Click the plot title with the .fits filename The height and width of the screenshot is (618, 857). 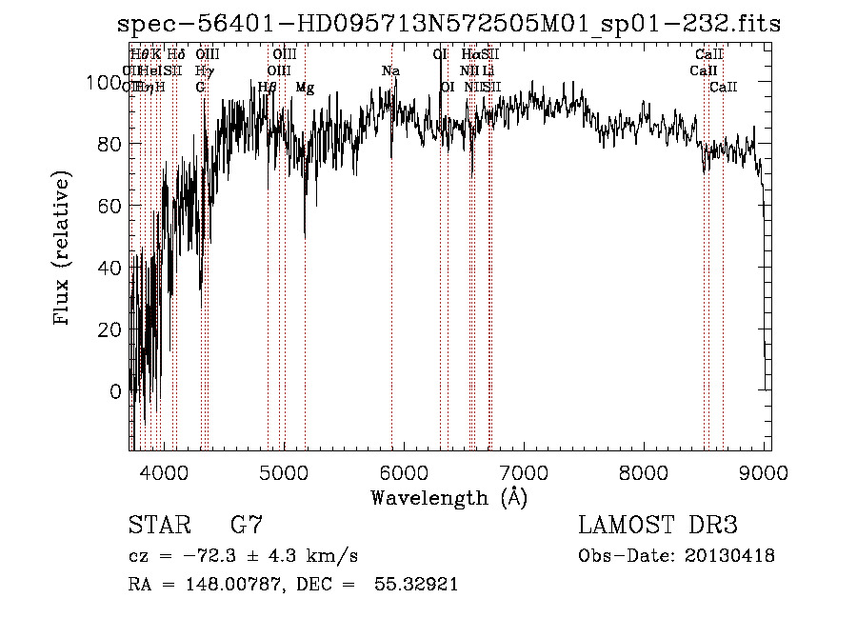pyautogui.click(x=448, y=25)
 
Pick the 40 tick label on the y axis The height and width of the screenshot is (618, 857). pyautogui.click(x=111, y=268)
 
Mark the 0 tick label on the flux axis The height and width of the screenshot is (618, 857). pyautogui.click(x=116, y=391)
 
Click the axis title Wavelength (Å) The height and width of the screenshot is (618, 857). pyautogui.click(x=448, y=497)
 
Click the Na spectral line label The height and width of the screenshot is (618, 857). pyautogui.click(x=390, y=71)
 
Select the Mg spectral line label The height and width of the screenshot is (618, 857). pyautogui.click(x=305, y=88)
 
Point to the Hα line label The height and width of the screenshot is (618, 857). pyautogui.click(x=472, y=55)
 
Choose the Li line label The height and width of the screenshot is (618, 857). pyautogui.click(x=488, y=71)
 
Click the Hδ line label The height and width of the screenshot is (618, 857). pyautogui.click(x=176, y=55)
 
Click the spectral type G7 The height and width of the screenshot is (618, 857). pyautogui.click(x=247, y=525)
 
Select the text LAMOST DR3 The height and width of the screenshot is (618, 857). pyautogui.click(x=657, y=525)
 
